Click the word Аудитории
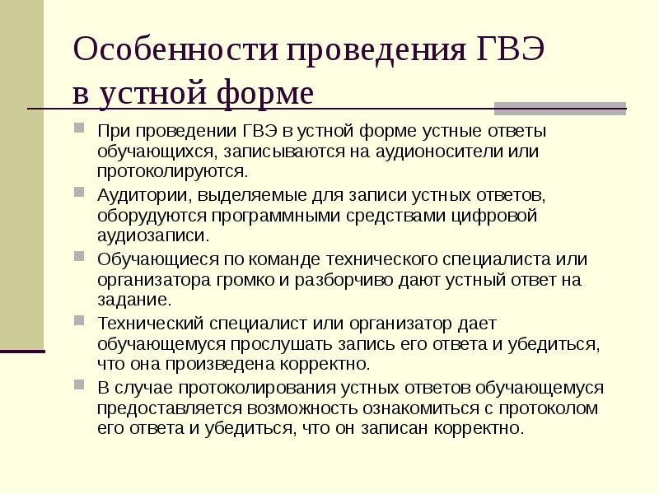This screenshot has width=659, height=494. click(x=145, y=195)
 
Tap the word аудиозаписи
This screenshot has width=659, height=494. click(x=150, y=236)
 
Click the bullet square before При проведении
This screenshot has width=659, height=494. click(x=78, y=129)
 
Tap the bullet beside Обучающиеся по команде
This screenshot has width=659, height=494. click(x=78, y=258)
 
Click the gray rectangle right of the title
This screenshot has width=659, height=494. click(x=560, y=109)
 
